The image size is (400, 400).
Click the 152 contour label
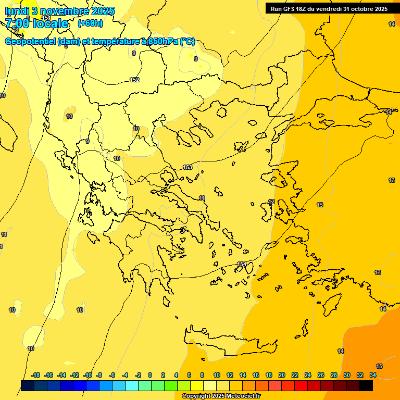click(134, 80)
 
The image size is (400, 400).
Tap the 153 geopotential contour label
click(187, 167)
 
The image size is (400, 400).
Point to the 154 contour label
click(242, 264)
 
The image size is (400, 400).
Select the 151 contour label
click(46, 18)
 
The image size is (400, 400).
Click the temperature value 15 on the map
click(379, 366)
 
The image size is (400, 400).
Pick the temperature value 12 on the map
click(271, 202)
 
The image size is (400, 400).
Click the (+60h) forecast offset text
click(90, 23)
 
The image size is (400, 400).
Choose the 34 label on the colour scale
click(373, 375)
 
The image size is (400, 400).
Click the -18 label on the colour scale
click(35, 375)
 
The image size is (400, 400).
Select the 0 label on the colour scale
click(149, 375)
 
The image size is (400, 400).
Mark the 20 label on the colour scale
click(282, 375)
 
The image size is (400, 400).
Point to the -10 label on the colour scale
click(87, 375)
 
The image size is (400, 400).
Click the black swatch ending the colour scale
click(366, 385)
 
